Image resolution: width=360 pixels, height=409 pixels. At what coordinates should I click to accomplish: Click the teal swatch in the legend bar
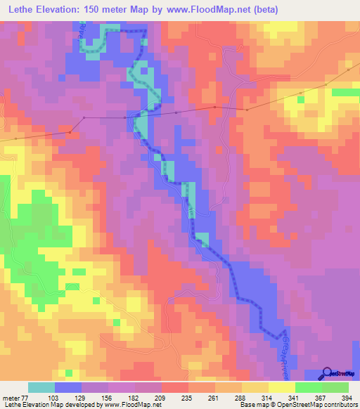point(41,387)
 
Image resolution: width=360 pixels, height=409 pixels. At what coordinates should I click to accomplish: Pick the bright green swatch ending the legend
point(335,387)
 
